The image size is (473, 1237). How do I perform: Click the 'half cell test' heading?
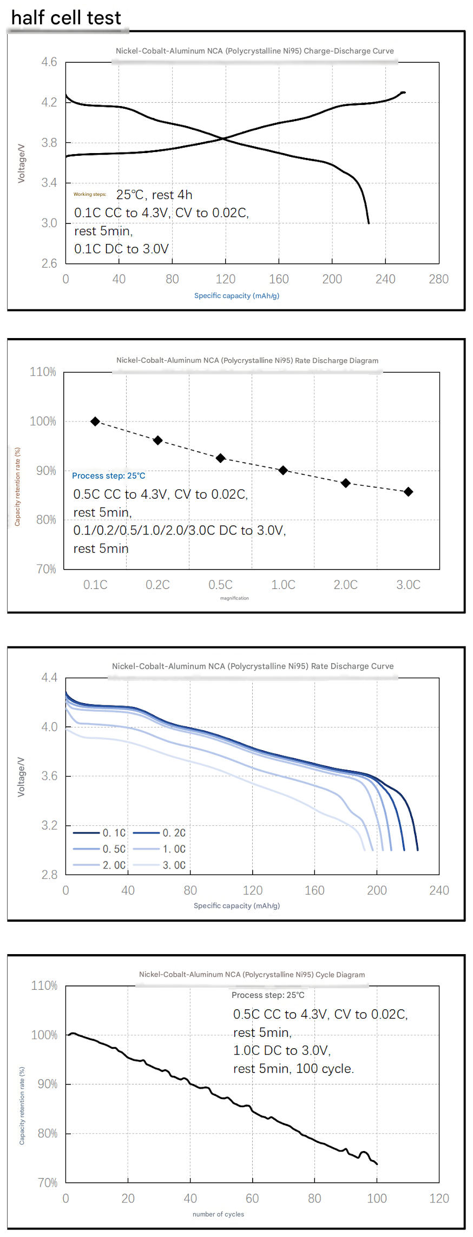click(66, 18)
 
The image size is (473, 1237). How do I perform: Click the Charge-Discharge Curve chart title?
click(255, 51)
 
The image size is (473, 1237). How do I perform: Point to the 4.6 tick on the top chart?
click(49, 62)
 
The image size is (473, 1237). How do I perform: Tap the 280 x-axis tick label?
click(438, 279)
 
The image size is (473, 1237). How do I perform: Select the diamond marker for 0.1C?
click(95, 421)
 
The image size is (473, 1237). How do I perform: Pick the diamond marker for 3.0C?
click(409, 492)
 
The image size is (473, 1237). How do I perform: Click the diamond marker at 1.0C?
click(283, 471)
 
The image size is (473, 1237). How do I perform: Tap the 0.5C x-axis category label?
click(220, 585)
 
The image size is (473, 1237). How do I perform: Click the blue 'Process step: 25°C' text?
click(109, 476)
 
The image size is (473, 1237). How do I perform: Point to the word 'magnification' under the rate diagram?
click(234, 598)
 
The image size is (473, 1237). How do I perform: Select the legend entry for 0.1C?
click(100, 833)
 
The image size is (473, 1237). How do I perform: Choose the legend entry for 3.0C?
click(160, 865)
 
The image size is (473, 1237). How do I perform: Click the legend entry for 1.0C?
click(160, 849)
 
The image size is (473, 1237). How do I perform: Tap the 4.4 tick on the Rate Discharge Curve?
click(49, 678)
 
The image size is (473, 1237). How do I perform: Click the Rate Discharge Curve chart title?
click(253, 666)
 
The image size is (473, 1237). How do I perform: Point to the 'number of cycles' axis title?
click(218, 1214)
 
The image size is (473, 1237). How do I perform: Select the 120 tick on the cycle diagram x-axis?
click(439, 1199)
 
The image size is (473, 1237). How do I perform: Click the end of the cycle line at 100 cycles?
click(377, 1164)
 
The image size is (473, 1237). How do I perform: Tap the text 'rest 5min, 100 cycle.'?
click(293, 1069)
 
